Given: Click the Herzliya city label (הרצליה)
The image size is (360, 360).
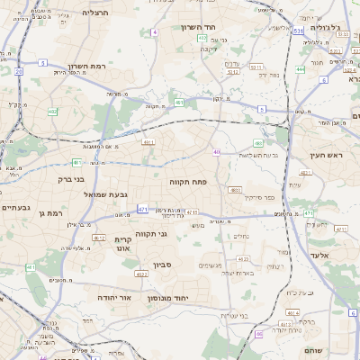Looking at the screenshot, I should coord(94,13).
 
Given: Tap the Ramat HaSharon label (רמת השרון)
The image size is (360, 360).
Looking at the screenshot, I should coord(86,67).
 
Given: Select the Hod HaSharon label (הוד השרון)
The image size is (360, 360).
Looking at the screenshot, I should coord(219,28).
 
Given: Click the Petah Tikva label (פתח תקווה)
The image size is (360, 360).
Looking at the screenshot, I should coord(188,181).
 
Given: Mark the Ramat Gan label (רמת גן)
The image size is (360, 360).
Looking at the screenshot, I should coord(55,213).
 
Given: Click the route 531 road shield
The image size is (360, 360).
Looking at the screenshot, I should coord(298,30).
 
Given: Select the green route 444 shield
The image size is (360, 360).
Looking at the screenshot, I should coord(300,68).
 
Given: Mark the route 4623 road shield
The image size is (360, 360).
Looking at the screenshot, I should coord(140,274).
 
